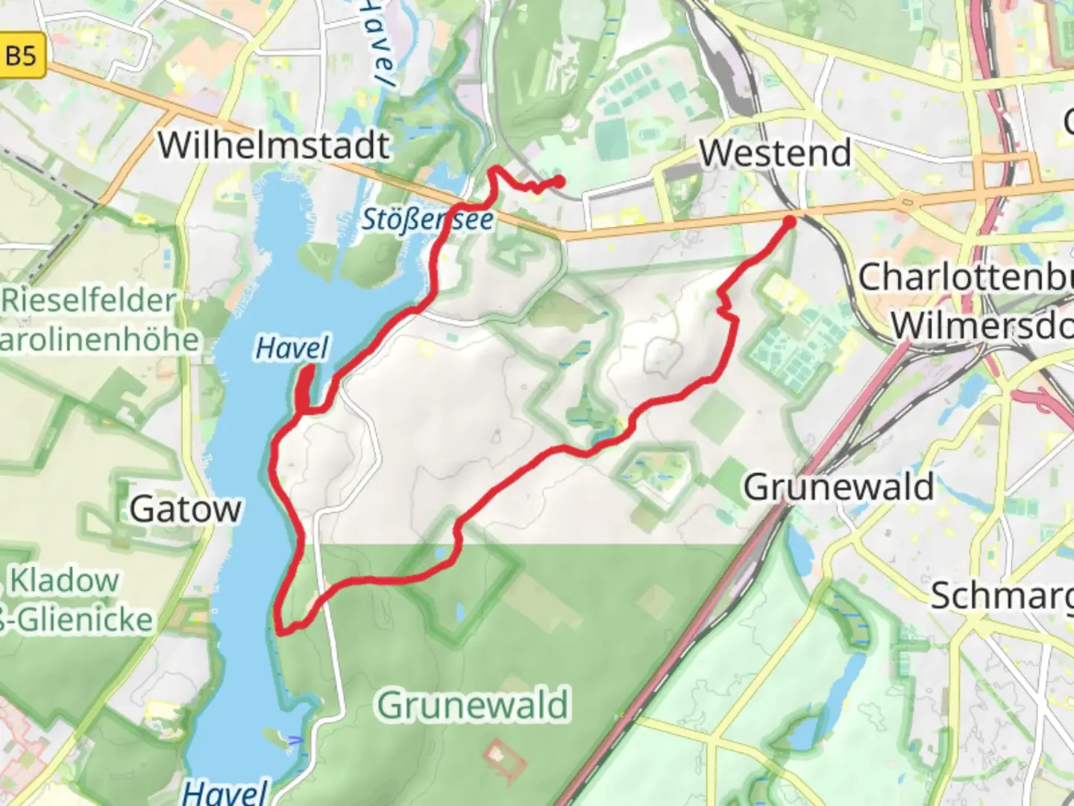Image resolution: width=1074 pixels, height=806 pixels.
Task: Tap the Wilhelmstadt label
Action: click(x=274, y=145)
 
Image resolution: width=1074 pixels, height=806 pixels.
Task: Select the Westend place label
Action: click(x=775, y=154)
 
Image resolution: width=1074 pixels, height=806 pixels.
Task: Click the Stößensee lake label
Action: click(x=427, y=219)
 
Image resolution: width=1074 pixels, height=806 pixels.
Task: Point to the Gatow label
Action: click(x=186, y=510)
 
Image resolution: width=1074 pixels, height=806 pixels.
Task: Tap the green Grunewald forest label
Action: click(x=472, y=705)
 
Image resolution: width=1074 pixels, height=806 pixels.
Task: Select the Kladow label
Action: click(x=64, y=581)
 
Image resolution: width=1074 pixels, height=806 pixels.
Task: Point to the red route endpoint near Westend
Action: click(x=789, y=221)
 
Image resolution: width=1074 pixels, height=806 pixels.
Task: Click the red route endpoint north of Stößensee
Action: click(x=559, y=181)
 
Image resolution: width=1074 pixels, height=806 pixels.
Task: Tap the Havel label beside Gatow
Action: click(x=292, y=349)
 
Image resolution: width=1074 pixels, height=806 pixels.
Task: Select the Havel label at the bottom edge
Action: click(x=224, y=791)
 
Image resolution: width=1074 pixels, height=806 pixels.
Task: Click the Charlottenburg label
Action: click(x=965, y=278)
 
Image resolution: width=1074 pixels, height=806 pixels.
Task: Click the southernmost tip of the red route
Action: click(x=282, y=631)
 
